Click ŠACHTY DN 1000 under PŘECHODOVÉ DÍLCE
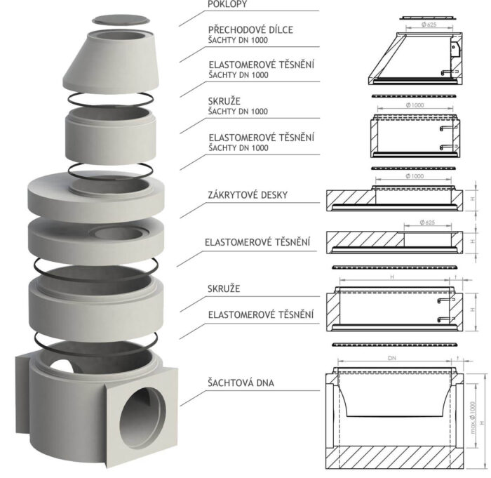(238, 41)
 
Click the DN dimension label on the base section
(392, 358)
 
